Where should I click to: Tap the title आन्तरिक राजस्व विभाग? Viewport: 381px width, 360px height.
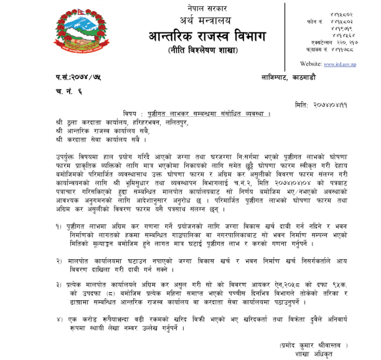click(206, 36)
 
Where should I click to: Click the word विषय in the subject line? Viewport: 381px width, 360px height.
click(131, 114)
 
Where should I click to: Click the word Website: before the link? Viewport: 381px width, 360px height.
click(310, 64)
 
